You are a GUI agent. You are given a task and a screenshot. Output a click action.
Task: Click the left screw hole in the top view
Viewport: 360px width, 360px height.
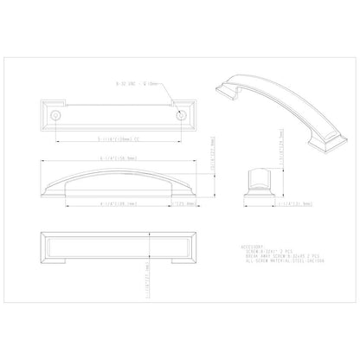pos(55,113)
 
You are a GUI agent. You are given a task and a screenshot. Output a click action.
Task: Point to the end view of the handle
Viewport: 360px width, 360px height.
pos(257,181)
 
